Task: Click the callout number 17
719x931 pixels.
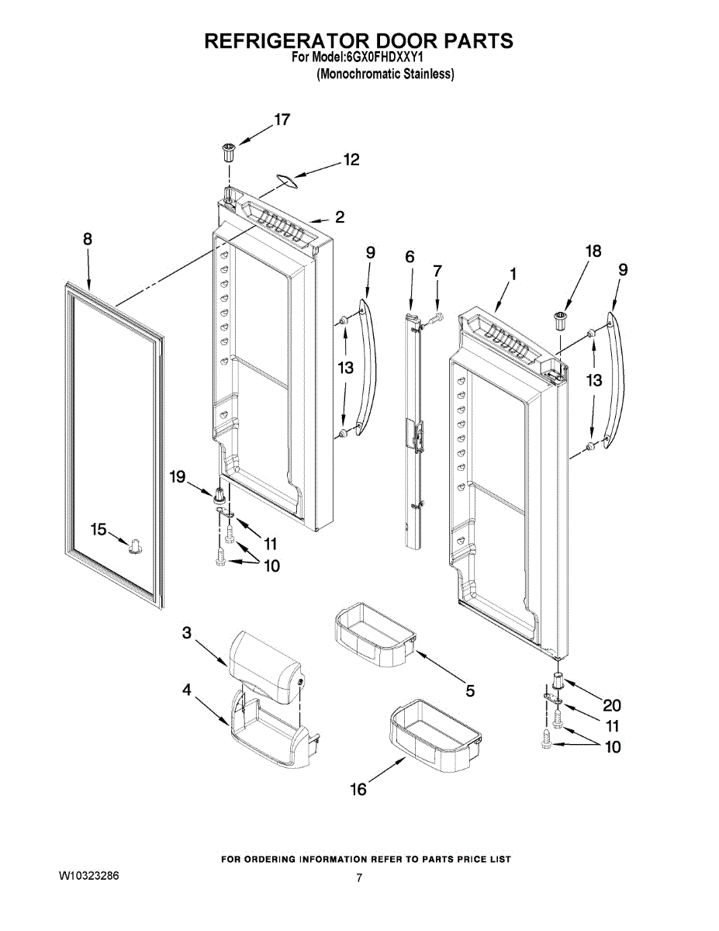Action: tap(281, 119)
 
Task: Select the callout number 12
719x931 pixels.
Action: tap(351, 160)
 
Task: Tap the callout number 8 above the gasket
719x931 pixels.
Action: tap(88, 240)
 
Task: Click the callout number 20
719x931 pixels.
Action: tap(612, 705)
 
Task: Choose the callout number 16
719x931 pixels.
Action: tap(358, 790)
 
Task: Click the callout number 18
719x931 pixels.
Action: tap(593, 251)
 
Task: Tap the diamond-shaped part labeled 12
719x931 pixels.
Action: tap(288, 182)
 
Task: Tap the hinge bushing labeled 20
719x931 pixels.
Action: tap(556, 681)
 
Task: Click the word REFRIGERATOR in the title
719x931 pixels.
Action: tap(287, 41)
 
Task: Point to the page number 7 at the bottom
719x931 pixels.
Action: tap(359, 878)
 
